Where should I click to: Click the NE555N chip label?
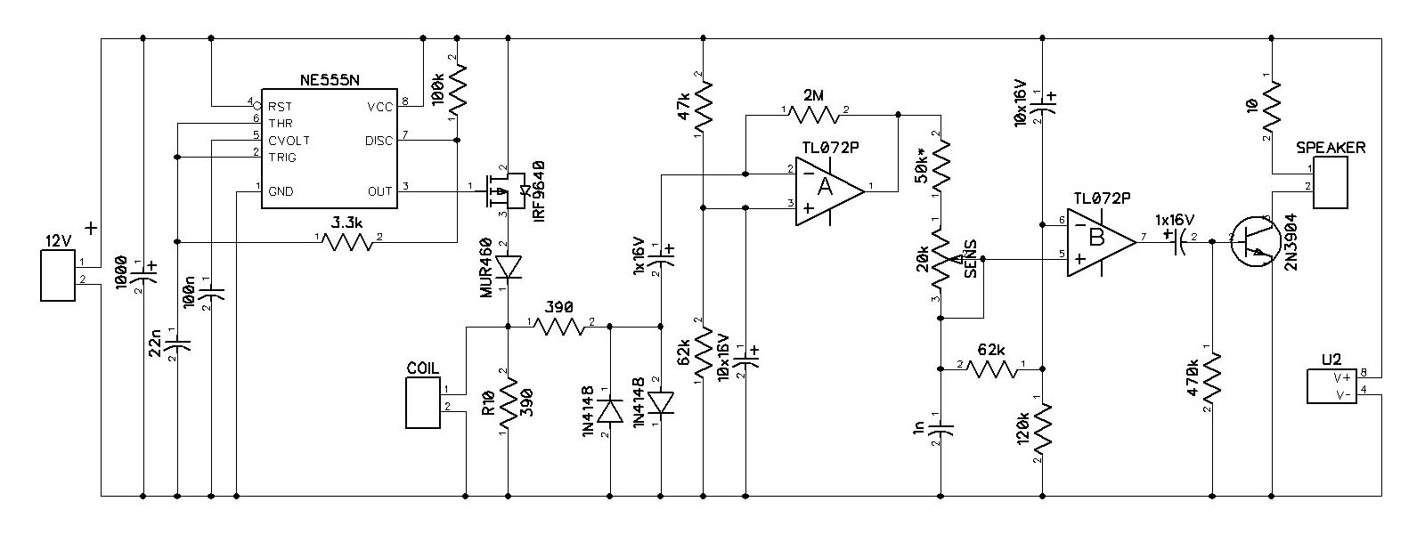click(x=330, y=80)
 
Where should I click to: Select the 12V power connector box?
click(x=58, y=275)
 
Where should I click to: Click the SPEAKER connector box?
click(x=1331, y=182)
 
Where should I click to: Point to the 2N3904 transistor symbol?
click(x=1254, y=241)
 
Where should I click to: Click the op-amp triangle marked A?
click(x=829, y=190)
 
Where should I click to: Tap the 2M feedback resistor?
click(x=814, y=115)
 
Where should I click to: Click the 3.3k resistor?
click(x=347, y=241)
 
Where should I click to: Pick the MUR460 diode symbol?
click(x=509, y=267)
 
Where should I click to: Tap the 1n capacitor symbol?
click(x=940, y=428)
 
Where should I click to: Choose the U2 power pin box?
click(x=1331, y=386)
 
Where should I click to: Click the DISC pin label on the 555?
click(x=379, y=141)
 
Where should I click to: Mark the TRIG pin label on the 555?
click(x=282, y=157)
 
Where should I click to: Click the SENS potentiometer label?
click(x=970, y=258)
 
